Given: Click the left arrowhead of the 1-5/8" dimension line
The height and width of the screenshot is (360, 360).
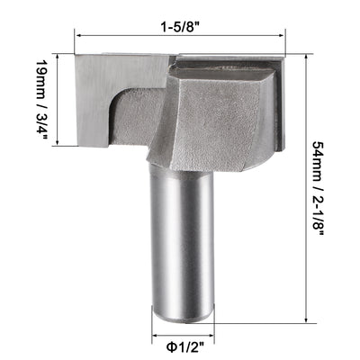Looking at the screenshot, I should point(78,37).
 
